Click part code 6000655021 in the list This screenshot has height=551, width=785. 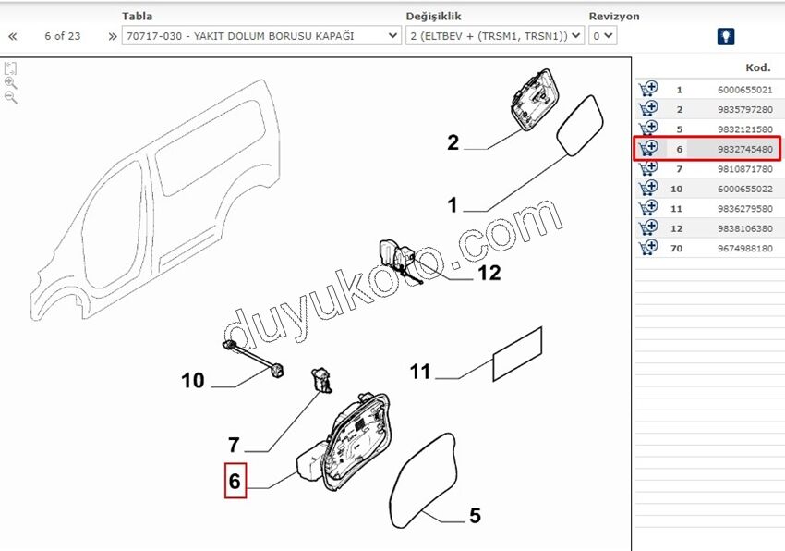745,90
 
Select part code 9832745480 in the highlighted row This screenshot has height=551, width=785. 745,150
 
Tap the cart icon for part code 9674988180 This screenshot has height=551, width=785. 648,248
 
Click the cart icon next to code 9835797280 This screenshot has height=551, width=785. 648,109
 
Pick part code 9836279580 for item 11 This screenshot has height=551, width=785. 745,209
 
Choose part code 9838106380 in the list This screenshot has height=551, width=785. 745,228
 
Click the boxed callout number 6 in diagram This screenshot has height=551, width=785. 235,481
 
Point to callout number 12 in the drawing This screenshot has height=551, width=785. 489,273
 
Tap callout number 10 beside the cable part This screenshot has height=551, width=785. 193,381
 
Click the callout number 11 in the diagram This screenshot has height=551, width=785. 420,372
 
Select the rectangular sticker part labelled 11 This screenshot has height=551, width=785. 518,354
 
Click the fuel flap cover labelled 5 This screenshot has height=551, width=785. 423,481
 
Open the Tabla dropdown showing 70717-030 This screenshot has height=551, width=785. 261,36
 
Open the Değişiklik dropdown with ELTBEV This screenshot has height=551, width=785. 495,36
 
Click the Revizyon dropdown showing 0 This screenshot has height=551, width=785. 602,36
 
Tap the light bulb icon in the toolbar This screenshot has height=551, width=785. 726,36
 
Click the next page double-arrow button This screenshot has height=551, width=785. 113,37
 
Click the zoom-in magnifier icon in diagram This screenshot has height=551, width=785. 10,82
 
